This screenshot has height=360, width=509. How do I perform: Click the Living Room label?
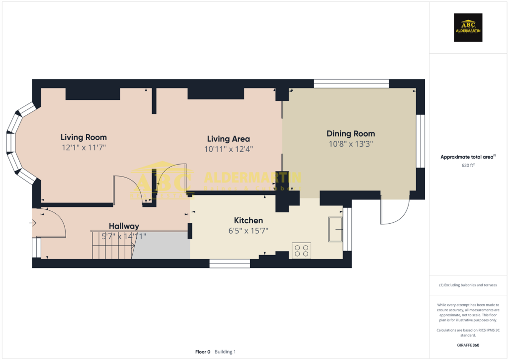(84, 137)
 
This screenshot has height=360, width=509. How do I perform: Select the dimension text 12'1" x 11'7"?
(84, 148)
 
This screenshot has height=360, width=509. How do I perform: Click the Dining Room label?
(350, 134)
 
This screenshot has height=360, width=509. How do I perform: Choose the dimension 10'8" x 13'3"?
(350, 144)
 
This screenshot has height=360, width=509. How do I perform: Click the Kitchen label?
(249, 220)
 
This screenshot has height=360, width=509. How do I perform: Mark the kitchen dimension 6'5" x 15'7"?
(249, 231)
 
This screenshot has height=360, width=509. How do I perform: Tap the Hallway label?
(124, 226)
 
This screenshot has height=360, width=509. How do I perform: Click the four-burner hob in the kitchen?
(301, 250)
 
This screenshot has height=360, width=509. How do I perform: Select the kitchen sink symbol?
(335, 229)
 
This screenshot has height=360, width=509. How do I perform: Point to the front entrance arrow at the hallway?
(33, 223)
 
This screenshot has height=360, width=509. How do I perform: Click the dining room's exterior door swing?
(395, 211)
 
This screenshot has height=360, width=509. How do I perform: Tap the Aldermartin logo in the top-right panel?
(468, 27)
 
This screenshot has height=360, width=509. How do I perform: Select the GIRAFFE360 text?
(468, 345)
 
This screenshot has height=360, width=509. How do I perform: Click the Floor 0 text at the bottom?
(203, 352)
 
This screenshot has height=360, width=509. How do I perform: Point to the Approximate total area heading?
(467, 157)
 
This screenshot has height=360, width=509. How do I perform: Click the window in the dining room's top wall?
(351, 84)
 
